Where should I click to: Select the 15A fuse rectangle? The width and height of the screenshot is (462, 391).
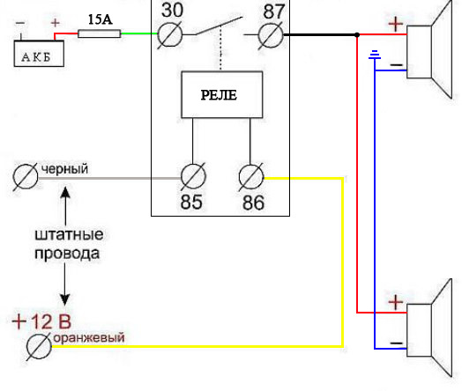click(x=100, y=33)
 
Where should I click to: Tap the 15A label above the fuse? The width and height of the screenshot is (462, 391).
click(x=101, y=19)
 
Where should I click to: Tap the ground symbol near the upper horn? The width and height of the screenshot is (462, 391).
click(x=375, y=55)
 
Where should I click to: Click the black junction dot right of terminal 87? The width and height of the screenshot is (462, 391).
click(x=357, y=35)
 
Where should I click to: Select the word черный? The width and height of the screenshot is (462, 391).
click(x=64, y=169)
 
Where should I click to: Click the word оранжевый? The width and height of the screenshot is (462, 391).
click(x=89, y=337)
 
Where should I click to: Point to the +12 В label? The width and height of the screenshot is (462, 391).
click(x=41, y=321)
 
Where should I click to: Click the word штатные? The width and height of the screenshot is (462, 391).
click(x=69, y=235)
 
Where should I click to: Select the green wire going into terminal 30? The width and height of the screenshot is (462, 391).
click(x=139, y=33)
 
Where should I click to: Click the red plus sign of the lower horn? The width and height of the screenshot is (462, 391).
click(x=396, y=302)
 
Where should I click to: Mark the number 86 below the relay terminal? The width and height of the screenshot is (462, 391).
click(x=253, y=203)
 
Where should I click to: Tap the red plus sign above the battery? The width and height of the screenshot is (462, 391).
click(x=55, y=23)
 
